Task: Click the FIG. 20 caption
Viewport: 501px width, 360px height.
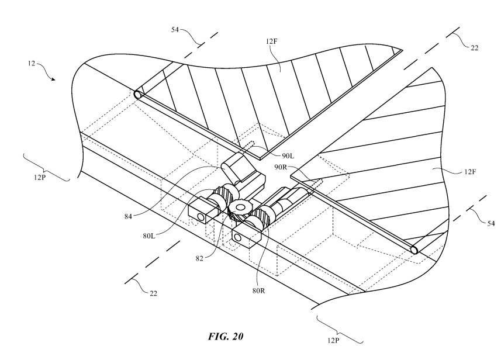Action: pos(225,336)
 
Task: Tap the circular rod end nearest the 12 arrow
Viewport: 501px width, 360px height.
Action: pos(137,94)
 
